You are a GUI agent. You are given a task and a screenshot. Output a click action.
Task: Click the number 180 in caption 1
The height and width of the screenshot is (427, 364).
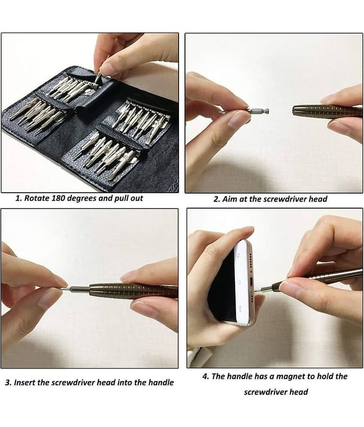(59, 198)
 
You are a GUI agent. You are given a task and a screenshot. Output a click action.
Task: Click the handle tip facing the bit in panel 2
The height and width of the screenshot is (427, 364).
(294, 110)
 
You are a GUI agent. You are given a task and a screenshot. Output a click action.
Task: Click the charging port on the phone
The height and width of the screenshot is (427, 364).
(252, 282)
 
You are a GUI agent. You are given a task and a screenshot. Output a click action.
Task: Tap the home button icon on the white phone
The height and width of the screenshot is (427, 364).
(240, 282)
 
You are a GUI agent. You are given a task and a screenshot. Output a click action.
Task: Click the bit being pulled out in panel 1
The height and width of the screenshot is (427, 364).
(97, 77)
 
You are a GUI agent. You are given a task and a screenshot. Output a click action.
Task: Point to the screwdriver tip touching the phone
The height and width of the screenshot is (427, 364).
(255, 291)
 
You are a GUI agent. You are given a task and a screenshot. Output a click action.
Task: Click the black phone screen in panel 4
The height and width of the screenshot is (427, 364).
(222, 286)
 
